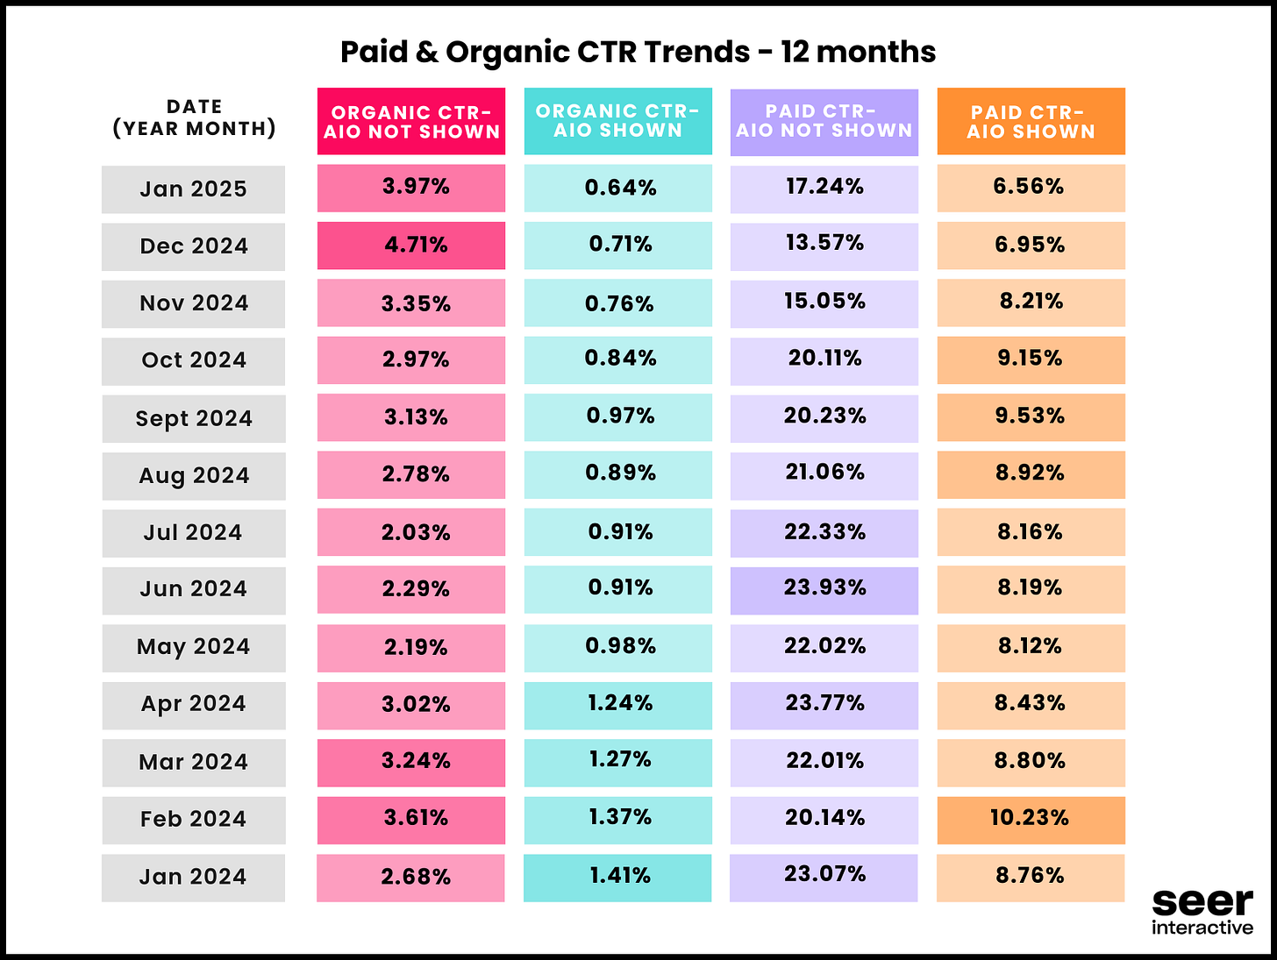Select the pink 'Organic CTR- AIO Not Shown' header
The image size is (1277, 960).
[x=411, y=122]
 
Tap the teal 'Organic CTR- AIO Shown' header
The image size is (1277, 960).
[x=617, y=122]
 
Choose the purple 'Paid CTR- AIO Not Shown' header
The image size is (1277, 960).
[x=824, y=122]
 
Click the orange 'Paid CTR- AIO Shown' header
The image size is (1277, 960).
[x=1031, y=122]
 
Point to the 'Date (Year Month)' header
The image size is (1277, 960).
[x=194, y=118]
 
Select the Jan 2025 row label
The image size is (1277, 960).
[x=193, y=189]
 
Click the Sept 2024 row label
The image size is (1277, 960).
[x=193, y=419]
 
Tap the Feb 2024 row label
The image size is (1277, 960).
[x=193, y=820]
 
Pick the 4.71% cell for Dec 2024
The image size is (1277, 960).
[x=411, y=245]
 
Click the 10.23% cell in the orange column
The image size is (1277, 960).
[x=1031, y=820]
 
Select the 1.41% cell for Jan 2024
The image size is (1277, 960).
[x=617, y=877]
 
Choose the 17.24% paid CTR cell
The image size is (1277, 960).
[x=824, y=188]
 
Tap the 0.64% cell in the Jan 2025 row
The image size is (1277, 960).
[x=617, y=188]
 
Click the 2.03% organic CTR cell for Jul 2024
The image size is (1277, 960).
[x=411, y=533]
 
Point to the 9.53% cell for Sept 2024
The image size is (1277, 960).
[x=1031, y=417]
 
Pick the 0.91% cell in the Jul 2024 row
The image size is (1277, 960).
[x=617, y=533]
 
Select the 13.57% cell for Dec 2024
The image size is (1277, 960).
[x=824, y=245]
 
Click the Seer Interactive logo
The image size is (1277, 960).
[x=1202, y=912]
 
